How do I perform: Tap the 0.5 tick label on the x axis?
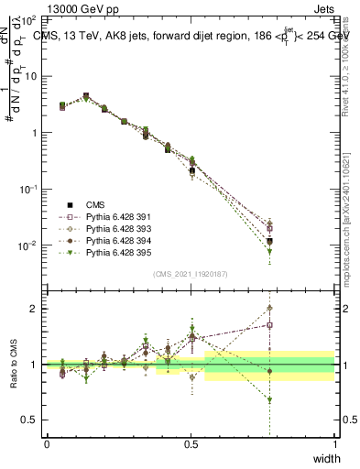[191, 444]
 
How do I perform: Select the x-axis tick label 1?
[334, 444]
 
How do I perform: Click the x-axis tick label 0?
[47, 444]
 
